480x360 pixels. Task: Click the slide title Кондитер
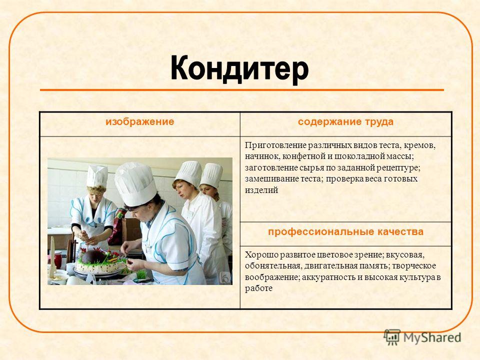click(239, 68)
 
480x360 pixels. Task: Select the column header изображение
click(139, 121)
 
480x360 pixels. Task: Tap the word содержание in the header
click(328, 122)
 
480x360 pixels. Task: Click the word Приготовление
click(275, 145)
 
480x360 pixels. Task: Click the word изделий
click(261, 190)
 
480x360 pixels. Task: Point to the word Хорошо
click(261, 254)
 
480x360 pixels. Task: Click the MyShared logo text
click(432, 337)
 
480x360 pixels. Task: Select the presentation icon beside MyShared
click(392, 337)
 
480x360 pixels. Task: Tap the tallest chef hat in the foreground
click(135, 183)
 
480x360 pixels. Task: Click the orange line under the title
click(242, 90)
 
